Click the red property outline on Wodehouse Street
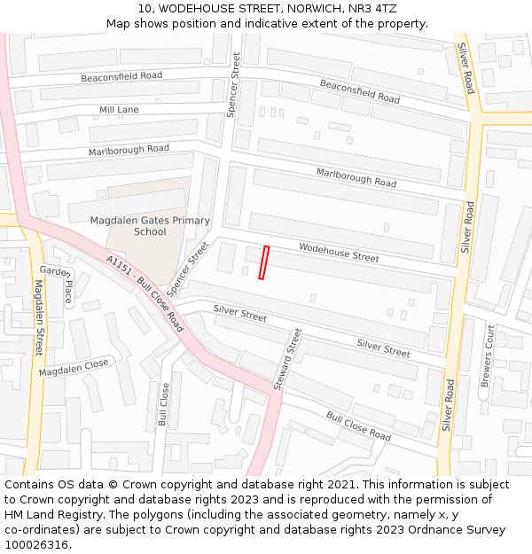[264, 262]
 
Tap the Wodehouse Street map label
[339, 252]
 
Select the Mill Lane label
[119, 110]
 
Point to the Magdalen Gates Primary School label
[150, 226]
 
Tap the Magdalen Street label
[38, 317]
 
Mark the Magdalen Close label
[74, 368]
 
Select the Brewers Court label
[487, 355]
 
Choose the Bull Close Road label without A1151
[358, 426]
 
